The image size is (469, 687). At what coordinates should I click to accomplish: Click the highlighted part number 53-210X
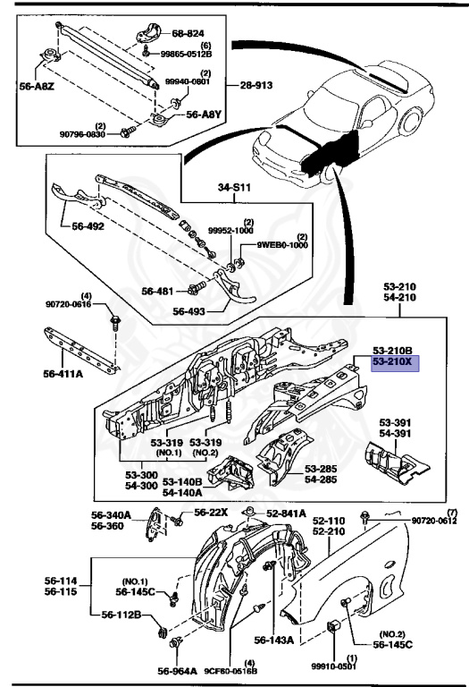coord(392,362)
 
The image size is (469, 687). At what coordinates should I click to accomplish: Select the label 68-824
coord(188,33)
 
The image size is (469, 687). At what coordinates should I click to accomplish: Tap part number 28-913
coord(255,85)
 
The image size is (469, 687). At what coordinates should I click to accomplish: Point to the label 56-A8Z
coord(37,86)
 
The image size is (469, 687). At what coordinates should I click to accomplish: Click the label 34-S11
coord(234,188)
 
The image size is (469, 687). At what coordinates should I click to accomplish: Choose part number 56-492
coord(88,226)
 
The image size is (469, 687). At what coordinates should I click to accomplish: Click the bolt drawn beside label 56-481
coord(196,289)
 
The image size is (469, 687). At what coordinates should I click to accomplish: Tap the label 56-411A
coord(63,374)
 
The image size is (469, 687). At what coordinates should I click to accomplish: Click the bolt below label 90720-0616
coord(115,321)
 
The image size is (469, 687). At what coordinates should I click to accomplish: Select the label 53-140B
coord(182,481)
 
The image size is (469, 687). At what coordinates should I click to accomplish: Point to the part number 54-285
coord(321,479)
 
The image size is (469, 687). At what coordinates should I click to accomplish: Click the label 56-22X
coord(211,513)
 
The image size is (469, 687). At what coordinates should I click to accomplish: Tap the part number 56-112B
coord(121,615)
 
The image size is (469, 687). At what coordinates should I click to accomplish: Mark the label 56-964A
coord(178,671)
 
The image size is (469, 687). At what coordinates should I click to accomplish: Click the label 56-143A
coord(274,640)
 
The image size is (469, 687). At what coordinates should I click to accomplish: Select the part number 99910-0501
coord(334,666)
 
